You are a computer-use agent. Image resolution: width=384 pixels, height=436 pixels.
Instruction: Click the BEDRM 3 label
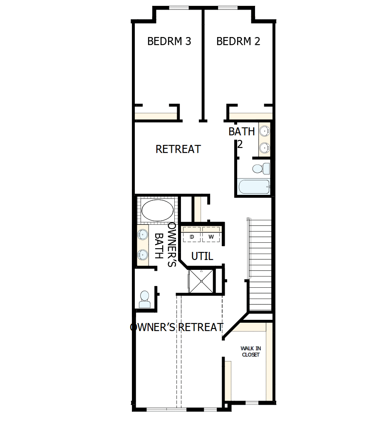169,41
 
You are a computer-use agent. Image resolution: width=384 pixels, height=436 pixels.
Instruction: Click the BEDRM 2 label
238,41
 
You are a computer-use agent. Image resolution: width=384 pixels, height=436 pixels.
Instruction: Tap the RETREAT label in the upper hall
178,149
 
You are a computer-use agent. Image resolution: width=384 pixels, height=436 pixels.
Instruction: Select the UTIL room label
202,257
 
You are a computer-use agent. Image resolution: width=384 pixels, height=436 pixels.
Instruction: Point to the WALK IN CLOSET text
250,351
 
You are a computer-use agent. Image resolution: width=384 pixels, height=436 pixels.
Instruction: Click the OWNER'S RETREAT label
177,327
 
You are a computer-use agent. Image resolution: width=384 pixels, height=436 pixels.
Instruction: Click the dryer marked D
192,237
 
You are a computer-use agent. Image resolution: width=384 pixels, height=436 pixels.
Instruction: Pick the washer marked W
211,237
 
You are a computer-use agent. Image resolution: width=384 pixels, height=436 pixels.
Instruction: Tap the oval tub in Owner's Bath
157,211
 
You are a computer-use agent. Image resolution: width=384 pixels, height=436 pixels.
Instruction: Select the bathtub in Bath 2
254,187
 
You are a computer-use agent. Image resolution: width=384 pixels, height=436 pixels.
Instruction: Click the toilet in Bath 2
260,169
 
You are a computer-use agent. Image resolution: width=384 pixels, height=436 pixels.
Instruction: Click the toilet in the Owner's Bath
144,299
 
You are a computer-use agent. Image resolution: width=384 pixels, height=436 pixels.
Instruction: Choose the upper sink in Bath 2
264,131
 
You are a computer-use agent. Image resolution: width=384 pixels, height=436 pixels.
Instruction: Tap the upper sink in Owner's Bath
143,234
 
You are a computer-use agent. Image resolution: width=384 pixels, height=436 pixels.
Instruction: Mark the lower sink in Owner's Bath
143,254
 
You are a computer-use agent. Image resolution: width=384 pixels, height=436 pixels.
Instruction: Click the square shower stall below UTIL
202,281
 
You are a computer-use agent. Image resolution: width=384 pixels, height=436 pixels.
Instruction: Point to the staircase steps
260,267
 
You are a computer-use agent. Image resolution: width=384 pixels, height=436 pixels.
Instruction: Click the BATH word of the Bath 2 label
241,132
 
